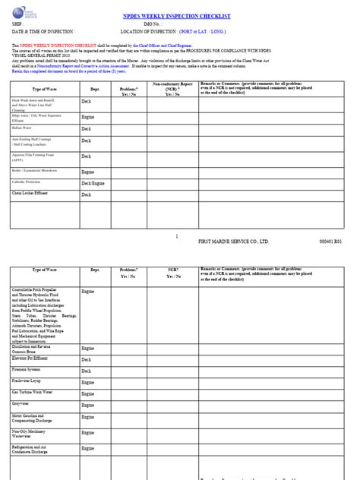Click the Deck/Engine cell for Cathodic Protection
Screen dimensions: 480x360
[93, 183]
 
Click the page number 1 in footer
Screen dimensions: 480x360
[176, 235]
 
